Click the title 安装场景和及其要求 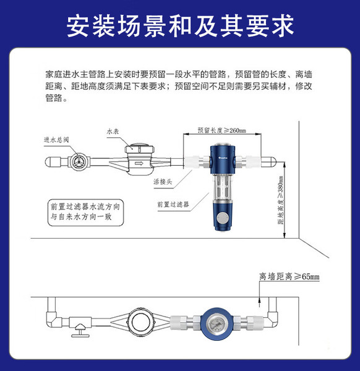click(180, 25)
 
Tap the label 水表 click(113, 131)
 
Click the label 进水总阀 click(56, 140)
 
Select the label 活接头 click(163, 182)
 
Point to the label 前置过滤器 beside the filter click(173, 205)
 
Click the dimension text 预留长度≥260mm click(222, 130)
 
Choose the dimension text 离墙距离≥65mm click(289, 276)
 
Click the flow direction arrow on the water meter click(139, 163)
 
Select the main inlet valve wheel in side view click(78, 161)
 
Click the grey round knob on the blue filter click(222, 218)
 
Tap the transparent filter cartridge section click(223, 187)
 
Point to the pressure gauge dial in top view click(215, 323)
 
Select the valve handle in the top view click(80, 331)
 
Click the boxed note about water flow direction click(85, 212)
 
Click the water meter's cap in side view click(140, 148)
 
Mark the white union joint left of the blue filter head click(192, 161)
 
